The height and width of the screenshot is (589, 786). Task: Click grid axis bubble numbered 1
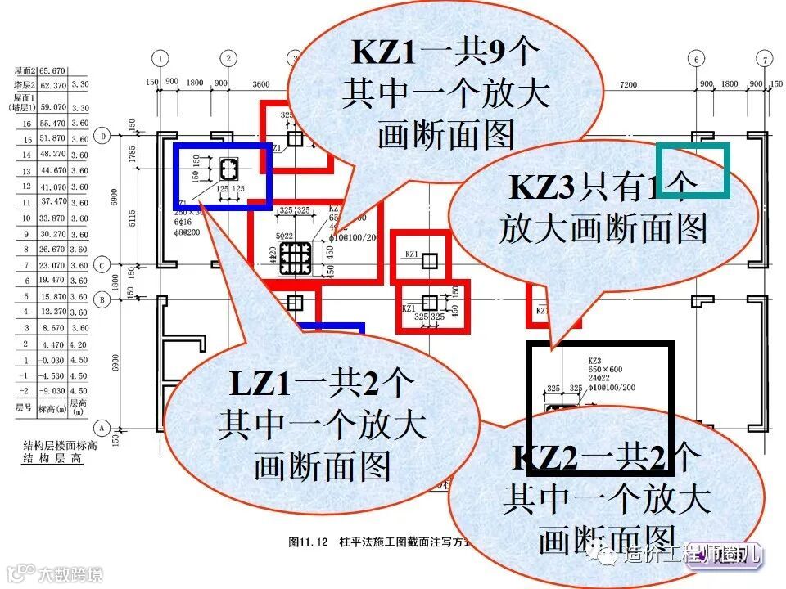162,59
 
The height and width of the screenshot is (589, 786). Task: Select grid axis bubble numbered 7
764,59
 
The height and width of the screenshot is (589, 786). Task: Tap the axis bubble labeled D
103,137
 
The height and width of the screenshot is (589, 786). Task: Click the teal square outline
693,170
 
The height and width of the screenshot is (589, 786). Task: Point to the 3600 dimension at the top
260,84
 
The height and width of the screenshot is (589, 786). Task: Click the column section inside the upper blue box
227,169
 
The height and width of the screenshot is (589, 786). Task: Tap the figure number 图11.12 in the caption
308,542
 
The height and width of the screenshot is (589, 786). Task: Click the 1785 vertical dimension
132,155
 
